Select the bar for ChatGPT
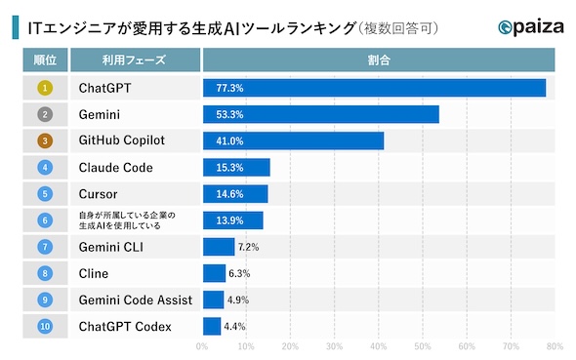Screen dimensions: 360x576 tap(374, 88)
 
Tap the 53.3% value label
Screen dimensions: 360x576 tap(217, 114)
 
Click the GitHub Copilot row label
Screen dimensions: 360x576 tap(122, 140)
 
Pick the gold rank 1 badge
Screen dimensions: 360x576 tap(45, 88)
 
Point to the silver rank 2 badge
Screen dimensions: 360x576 tap(45, 114)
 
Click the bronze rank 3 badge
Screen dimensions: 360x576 tap(45, 140)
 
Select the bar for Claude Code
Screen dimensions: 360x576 tap(235, 167)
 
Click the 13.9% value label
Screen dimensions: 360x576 tap(217, 220)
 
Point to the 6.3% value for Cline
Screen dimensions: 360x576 tap(239, 273)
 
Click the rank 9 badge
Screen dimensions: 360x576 tap(45, 300)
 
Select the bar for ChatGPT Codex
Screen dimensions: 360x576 tap(212, 326)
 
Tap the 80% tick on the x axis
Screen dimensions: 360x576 tap(555, 345)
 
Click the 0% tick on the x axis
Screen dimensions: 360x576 tap(202, 345)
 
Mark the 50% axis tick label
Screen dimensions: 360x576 tap(423, 345)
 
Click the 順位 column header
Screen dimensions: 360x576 tap(45, 60)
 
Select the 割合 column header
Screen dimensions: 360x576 tap(378, 60)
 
